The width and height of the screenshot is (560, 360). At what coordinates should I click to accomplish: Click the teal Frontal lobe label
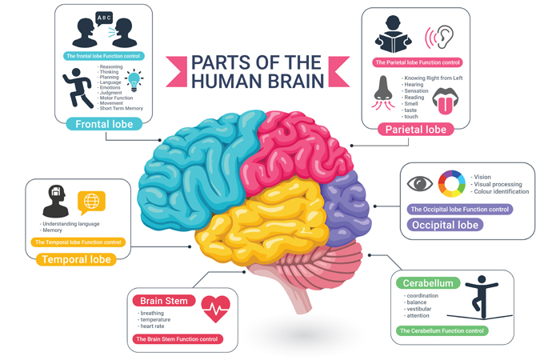coord(104,124)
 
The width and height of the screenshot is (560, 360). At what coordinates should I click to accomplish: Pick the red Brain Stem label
coord(164,301)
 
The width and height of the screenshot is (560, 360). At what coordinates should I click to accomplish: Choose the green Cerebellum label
coord(429,283)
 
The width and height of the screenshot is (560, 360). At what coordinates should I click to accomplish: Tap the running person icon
coord(78,86)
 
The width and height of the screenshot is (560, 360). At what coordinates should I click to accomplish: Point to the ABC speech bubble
coord(104,18)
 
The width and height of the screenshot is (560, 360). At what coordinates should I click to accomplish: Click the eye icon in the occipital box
coord(419,184)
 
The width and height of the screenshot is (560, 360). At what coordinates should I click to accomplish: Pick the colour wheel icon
coord(451,184)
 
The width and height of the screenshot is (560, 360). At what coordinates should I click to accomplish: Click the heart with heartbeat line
coord(215,306)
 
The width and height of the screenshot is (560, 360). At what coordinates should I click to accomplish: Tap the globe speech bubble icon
coord(91,201)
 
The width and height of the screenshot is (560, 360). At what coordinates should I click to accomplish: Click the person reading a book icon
coord(395,34)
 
